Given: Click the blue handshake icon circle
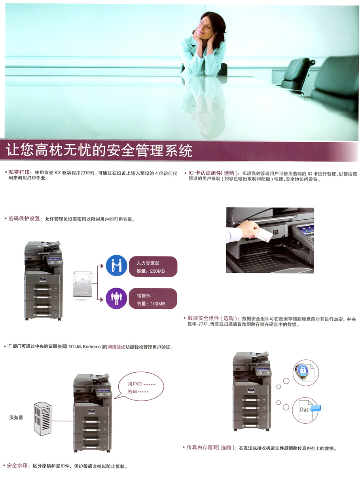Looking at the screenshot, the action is tap(116, 265).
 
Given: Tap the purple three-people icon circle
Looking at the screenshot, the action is tap(116, 298).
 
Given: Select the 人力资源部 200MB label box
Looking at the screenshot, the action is tap(153, 267).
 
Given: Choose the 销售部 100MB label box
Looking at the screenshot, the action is tap(153, 299).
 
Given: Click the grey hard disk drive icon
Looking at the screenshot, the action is tap(82, 284).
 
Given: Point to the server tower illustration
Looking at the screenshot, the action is tap(43, 419).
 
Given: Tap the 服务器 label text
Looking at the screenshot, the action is tap(16, 417).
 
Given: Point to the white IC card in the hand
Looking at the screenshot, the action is tap(264, 234).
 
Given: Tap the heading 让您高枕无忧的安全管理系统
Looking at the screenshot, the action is tap(99, 150).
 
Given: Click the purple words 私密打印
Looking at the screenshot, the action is tap(19, 172).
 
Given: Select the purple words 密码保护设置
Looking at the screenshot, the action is tap(24, 219).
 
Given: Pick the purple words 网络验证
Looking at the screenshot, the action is tap(116, 347).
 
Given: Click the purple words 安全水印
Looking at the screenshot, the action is tap(17, 466).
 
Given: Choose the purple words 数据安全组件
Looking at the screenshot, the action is tap(203, 318).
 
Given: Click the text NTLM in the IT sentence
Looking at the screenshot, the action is tap(74, 347).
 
